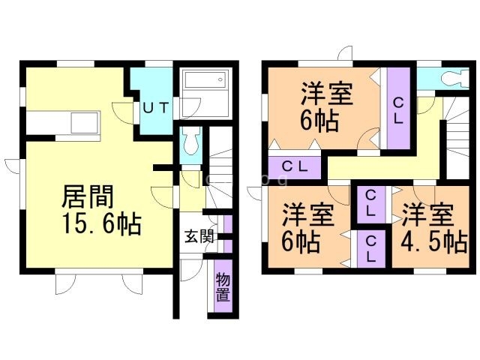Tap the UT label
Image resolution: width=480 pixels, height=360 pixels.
(x=155, y=108)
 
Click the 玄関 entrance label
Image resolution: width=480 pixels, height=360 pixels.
(x=199, y=237)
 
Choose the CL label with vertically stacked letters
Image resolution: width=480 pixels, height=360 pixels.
(x=398, y=109)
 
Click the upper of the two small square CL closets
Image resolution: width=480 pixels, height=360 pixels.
(x=370, y=203)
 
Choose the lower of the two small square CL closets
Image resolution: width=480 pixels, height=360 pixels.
(x=370, y=247)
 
